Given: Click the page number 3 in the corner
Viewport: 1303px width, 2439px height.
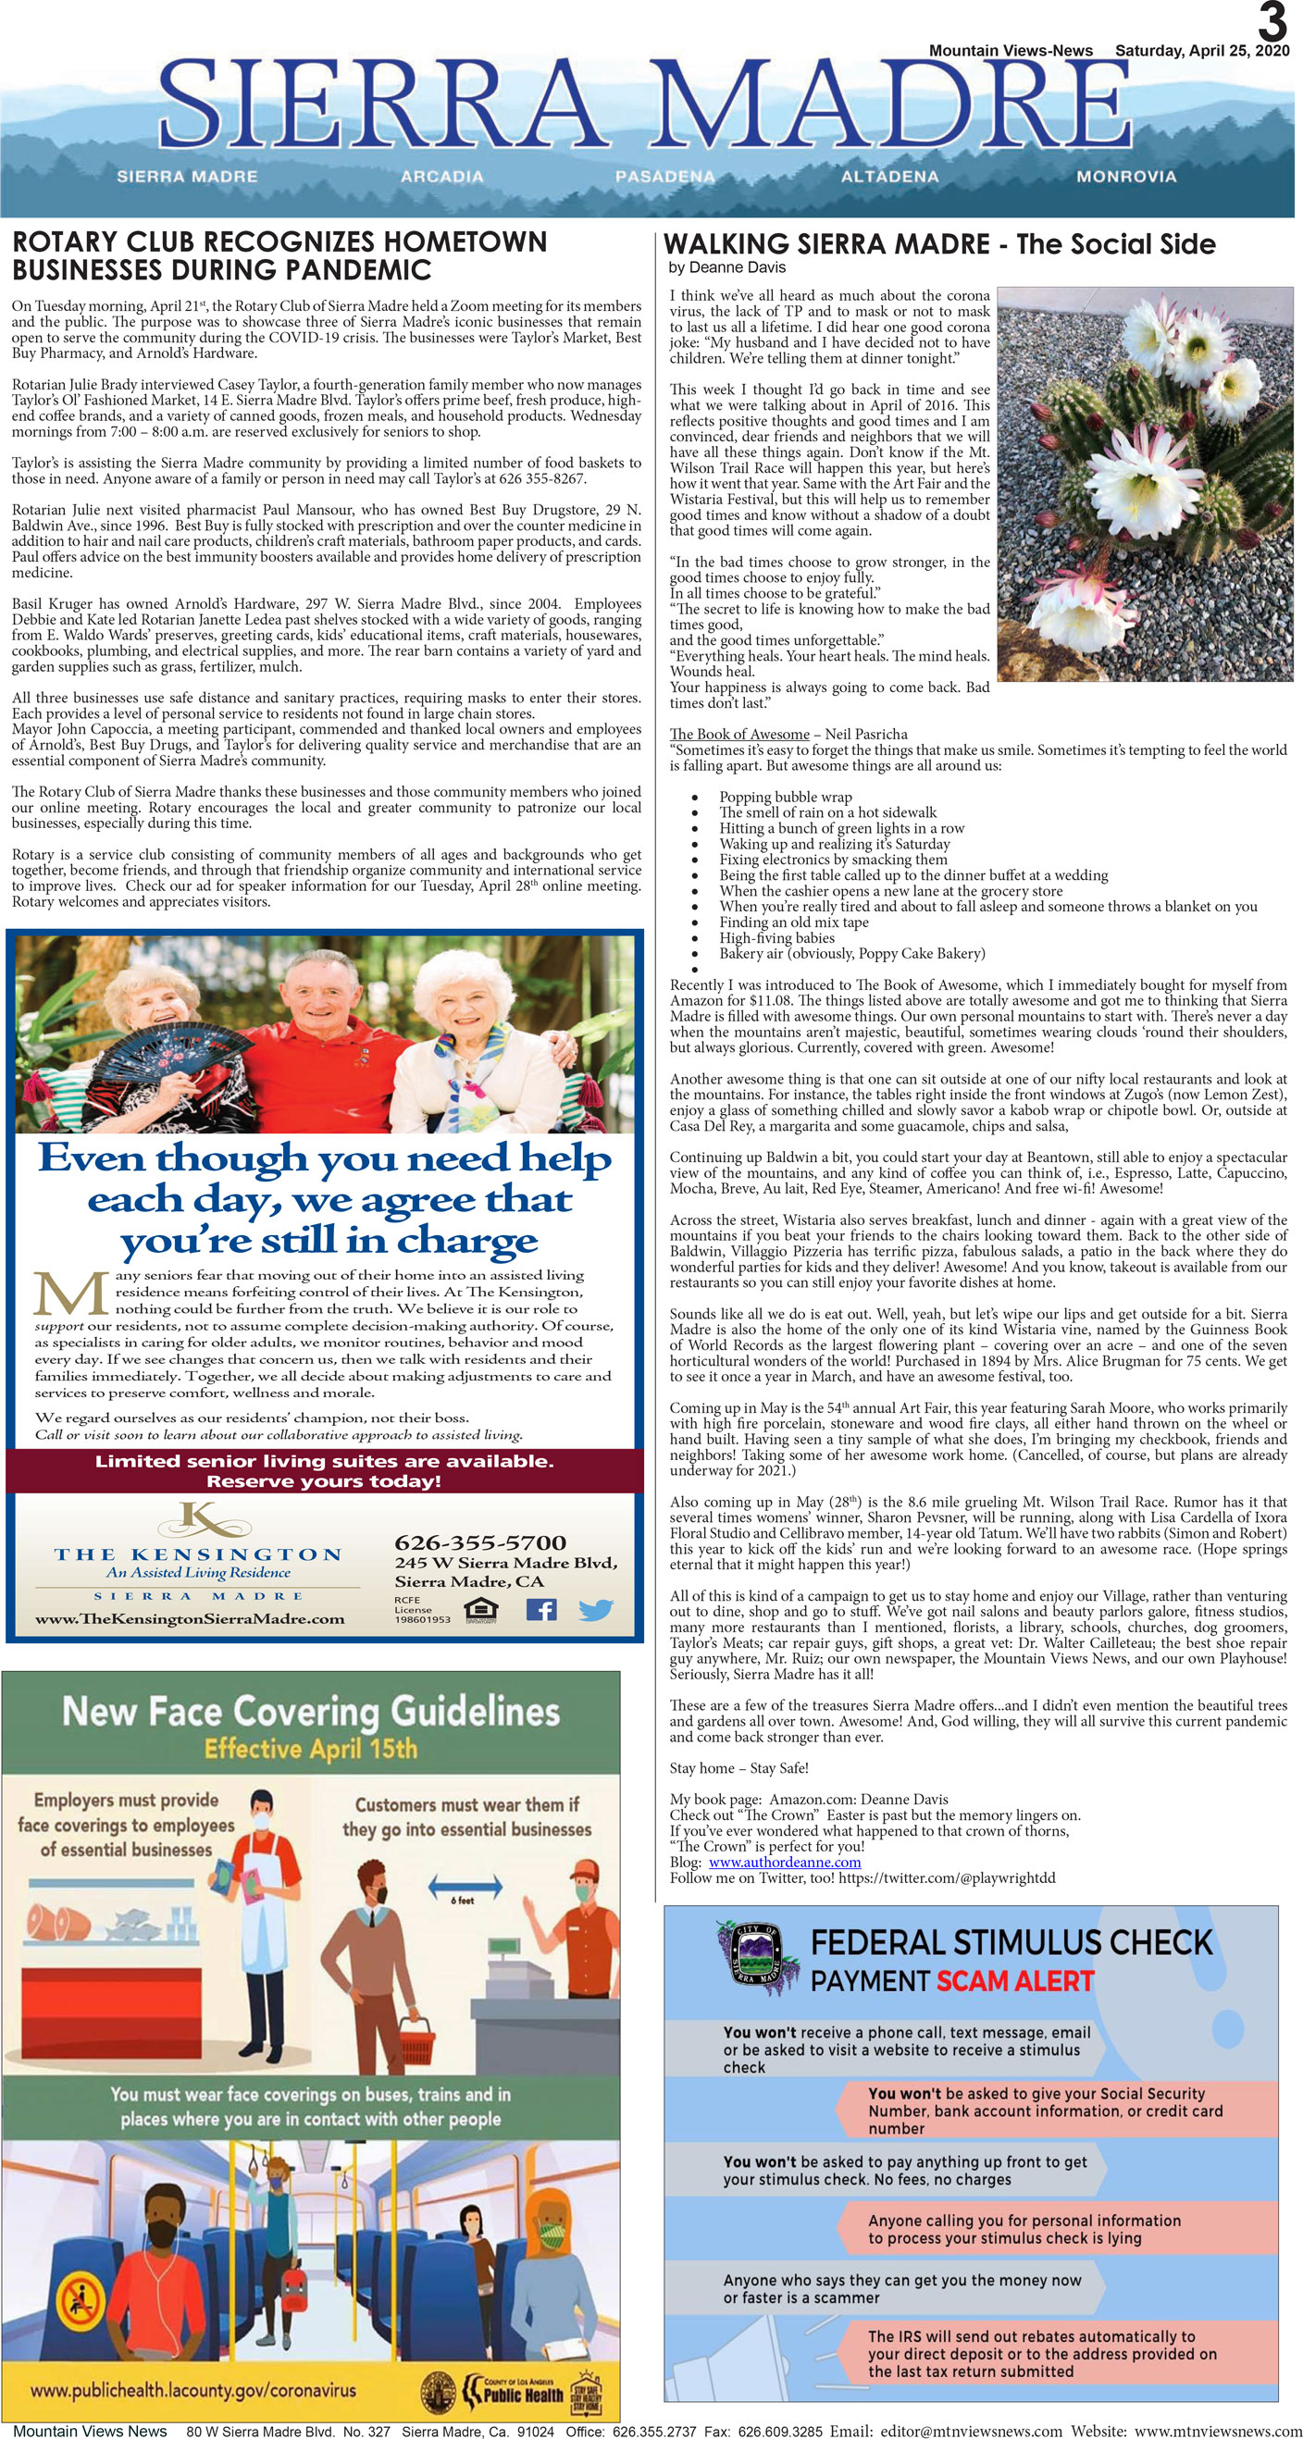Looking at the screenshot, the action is pyautogui.click(x=1272, y=21).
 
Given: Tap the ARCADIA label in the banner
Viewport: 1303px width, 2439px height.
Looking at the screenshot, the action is pyautogui.click(x=441, y=176).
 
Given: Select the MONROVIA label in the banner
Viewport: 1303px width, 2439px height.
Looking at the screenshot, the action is pyautogui.click(x=1126, y=176).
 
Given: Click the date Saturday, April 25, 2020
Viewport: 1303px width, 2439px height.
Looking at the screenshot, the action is pyautogui.click(x=1202, y=51).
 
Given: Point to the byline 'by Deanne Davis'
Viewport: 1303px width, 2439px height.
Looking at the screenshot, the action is pyautogui.click(x=726, y=267).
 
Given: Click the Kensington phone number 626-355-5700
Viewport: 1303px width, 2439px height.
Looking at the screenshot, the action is pyautogui.click(x=480, y=1542).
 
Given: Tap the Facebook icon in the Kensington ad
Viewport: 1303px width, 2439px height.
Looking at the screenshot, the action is pyautogui.click(x=540, y=1609).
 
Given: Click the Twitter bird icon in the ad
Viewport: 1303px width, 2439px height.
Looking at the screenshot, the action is pyautogui.click(x=595, y=1610).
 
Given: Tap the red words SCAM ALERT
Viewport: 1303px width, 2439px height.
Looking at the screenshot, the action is pyautogui.click(x=1015, y=1982).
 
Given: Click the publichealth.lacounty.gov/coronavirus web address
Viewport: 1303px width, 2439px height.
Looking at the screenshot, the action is pyautogui.click(x=193, y=2390).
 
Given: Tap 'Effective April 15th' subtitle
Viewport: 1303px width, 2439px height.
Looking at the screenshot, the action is pyautogui.click(x=311, y=1749).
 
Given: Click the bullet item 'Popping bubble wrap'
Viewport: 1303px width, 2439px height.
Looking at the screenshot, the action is pyautogui.click(x=785, y=798).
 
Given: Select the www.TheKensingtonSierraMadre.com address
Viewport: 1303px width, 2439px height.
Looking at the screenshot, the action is pyautogui.click(x=190, y=1619).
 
